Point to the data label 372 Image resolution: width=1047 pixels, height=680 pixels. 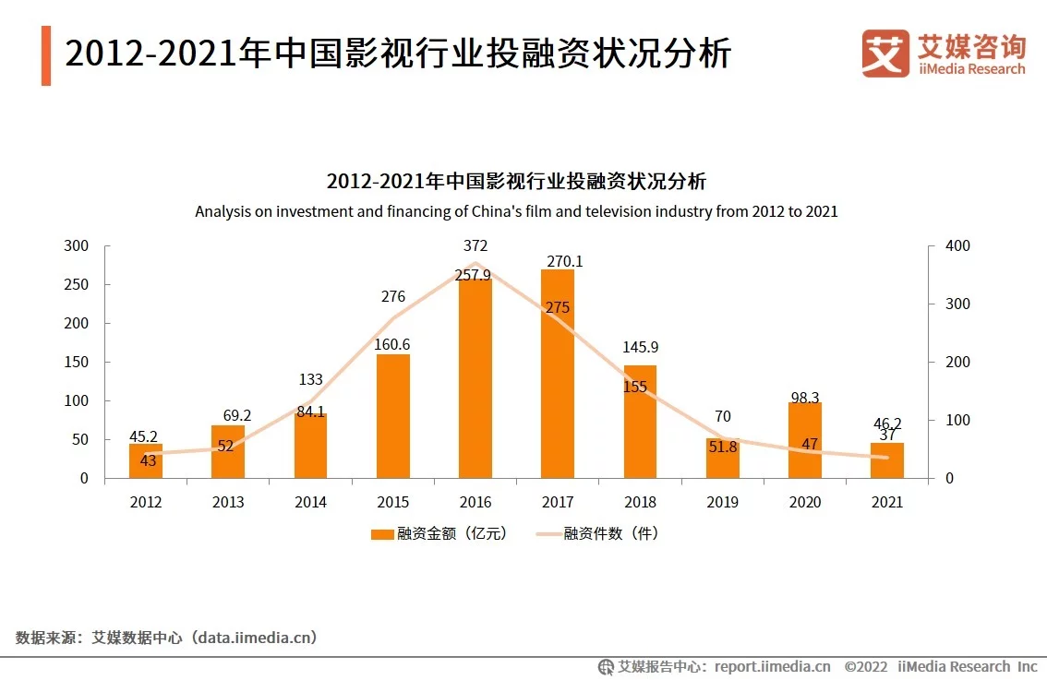[x=476, y=245]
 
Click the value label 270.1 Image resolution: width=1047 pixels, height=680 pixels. [x=565, y=262]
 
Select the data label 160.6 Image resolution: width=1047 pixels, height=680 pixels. [x=393, y=345]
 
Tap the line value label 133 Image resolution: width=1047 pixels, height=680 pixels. [x=311, y=379]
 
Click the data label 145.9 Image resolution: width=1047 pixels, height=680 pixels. [x=641, y=348]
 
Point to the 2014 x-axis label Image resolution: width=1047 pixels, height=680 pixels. [x=310, y=503]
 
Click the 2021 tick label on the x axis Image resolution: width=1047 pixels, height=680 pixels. [x=887, y=503]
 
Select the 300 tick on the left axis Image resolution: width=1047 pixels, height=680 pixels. [x=78, y=246]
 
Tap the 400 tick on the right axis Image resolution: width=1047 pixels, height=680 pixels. [x=958, y=246]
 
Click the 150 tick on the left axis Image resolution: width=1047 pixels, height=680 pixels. [x=78, y=363]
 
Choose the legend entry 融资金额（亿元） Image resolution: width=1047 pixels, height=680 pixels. [x=439, y=534]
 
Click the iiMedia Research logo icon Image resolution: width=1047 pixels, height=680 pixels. [x=885, y=53]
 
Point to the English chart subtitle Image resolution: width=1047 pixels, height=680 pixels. [x=516, y=211]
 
